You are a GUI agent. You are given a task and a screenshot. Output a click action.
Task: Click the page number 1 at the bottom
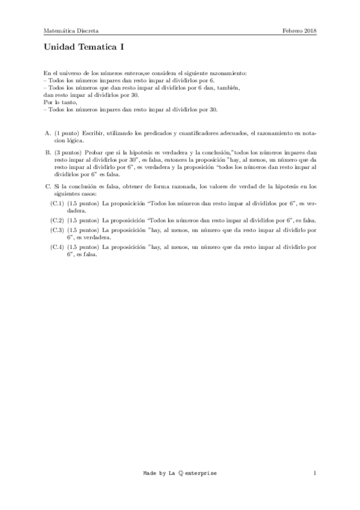pyautogui.click(x=314, y=473)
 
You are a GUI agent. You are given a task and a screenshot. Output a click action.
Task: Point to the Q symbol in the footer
pyautogui.click(x=182, y=473)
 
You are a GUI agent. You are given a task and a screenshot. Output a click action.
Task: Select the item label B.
pyautogui.click(x=47, y=153)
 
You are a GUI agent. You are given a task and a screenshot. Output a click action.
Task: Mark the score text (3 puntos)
pyautogui.click(x=69, y=153)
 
